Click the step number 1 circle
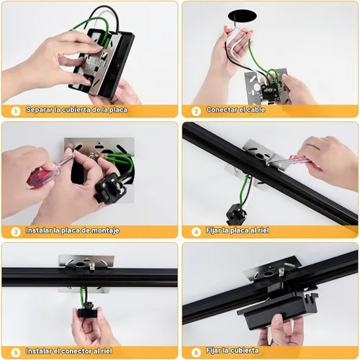pos(16,111)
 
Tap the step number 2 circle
pos(196,111)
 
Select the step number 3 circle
pos(16,232)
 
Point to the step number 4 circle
pos(196,232)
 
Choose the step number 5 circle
pos(16,353)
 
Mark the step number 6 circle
pos(196,353)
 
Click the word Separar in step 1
pos(39,110)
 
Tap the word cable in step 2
pos(256,109)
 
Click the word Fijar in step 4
pos(213,230)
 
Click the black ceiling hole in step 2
pos(242,17)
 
